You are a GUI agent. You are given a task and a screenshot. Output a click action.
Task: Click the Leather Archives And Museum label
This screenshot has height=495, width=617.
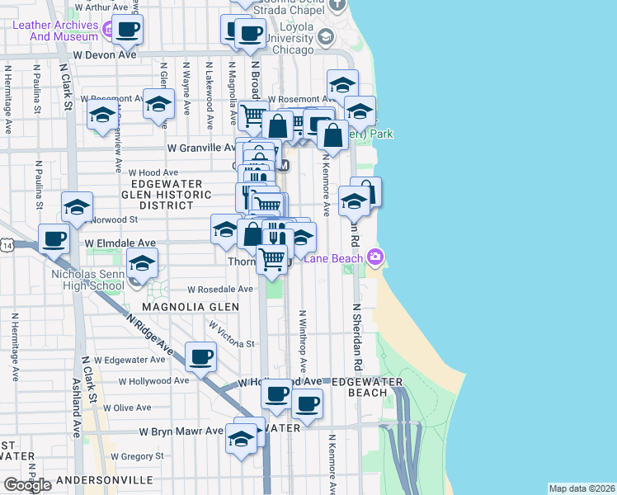click(55, 31)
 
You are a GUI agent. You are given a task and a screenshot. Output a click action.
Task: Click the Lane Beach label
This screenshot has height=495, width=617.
click(334, 258)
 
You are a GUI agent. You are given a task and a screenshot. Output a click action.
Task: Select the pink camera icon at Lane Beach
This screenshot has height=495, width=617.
click(375, 257)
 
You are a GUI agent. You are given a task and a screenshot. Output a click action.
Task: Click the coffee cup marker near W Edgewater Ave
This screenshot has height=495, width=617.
click(201, 357)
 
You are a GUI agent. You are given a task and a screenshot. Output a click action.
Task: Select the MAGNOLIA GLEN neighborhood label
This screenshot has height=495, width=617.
click(191, 307)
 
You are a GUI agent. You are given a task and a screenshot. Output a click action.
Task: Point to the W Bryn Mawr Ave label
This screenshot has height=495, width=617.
click(181, 431)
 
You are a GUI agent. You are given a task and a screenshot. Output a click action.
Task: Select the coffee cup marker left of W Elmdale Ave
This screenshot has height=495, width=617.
click(54, 239)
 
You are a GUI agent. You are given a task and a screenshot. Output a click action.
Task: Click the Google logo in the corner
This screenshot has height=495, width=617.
click(27, 485)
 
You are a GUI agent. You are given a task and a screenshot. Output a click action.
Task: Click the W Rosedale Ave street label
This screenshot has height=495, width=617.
click(220, 290)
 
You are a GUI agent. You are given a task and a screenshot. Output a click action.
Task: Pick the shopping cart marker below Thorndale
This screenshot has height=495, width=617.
click(271, 259)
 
